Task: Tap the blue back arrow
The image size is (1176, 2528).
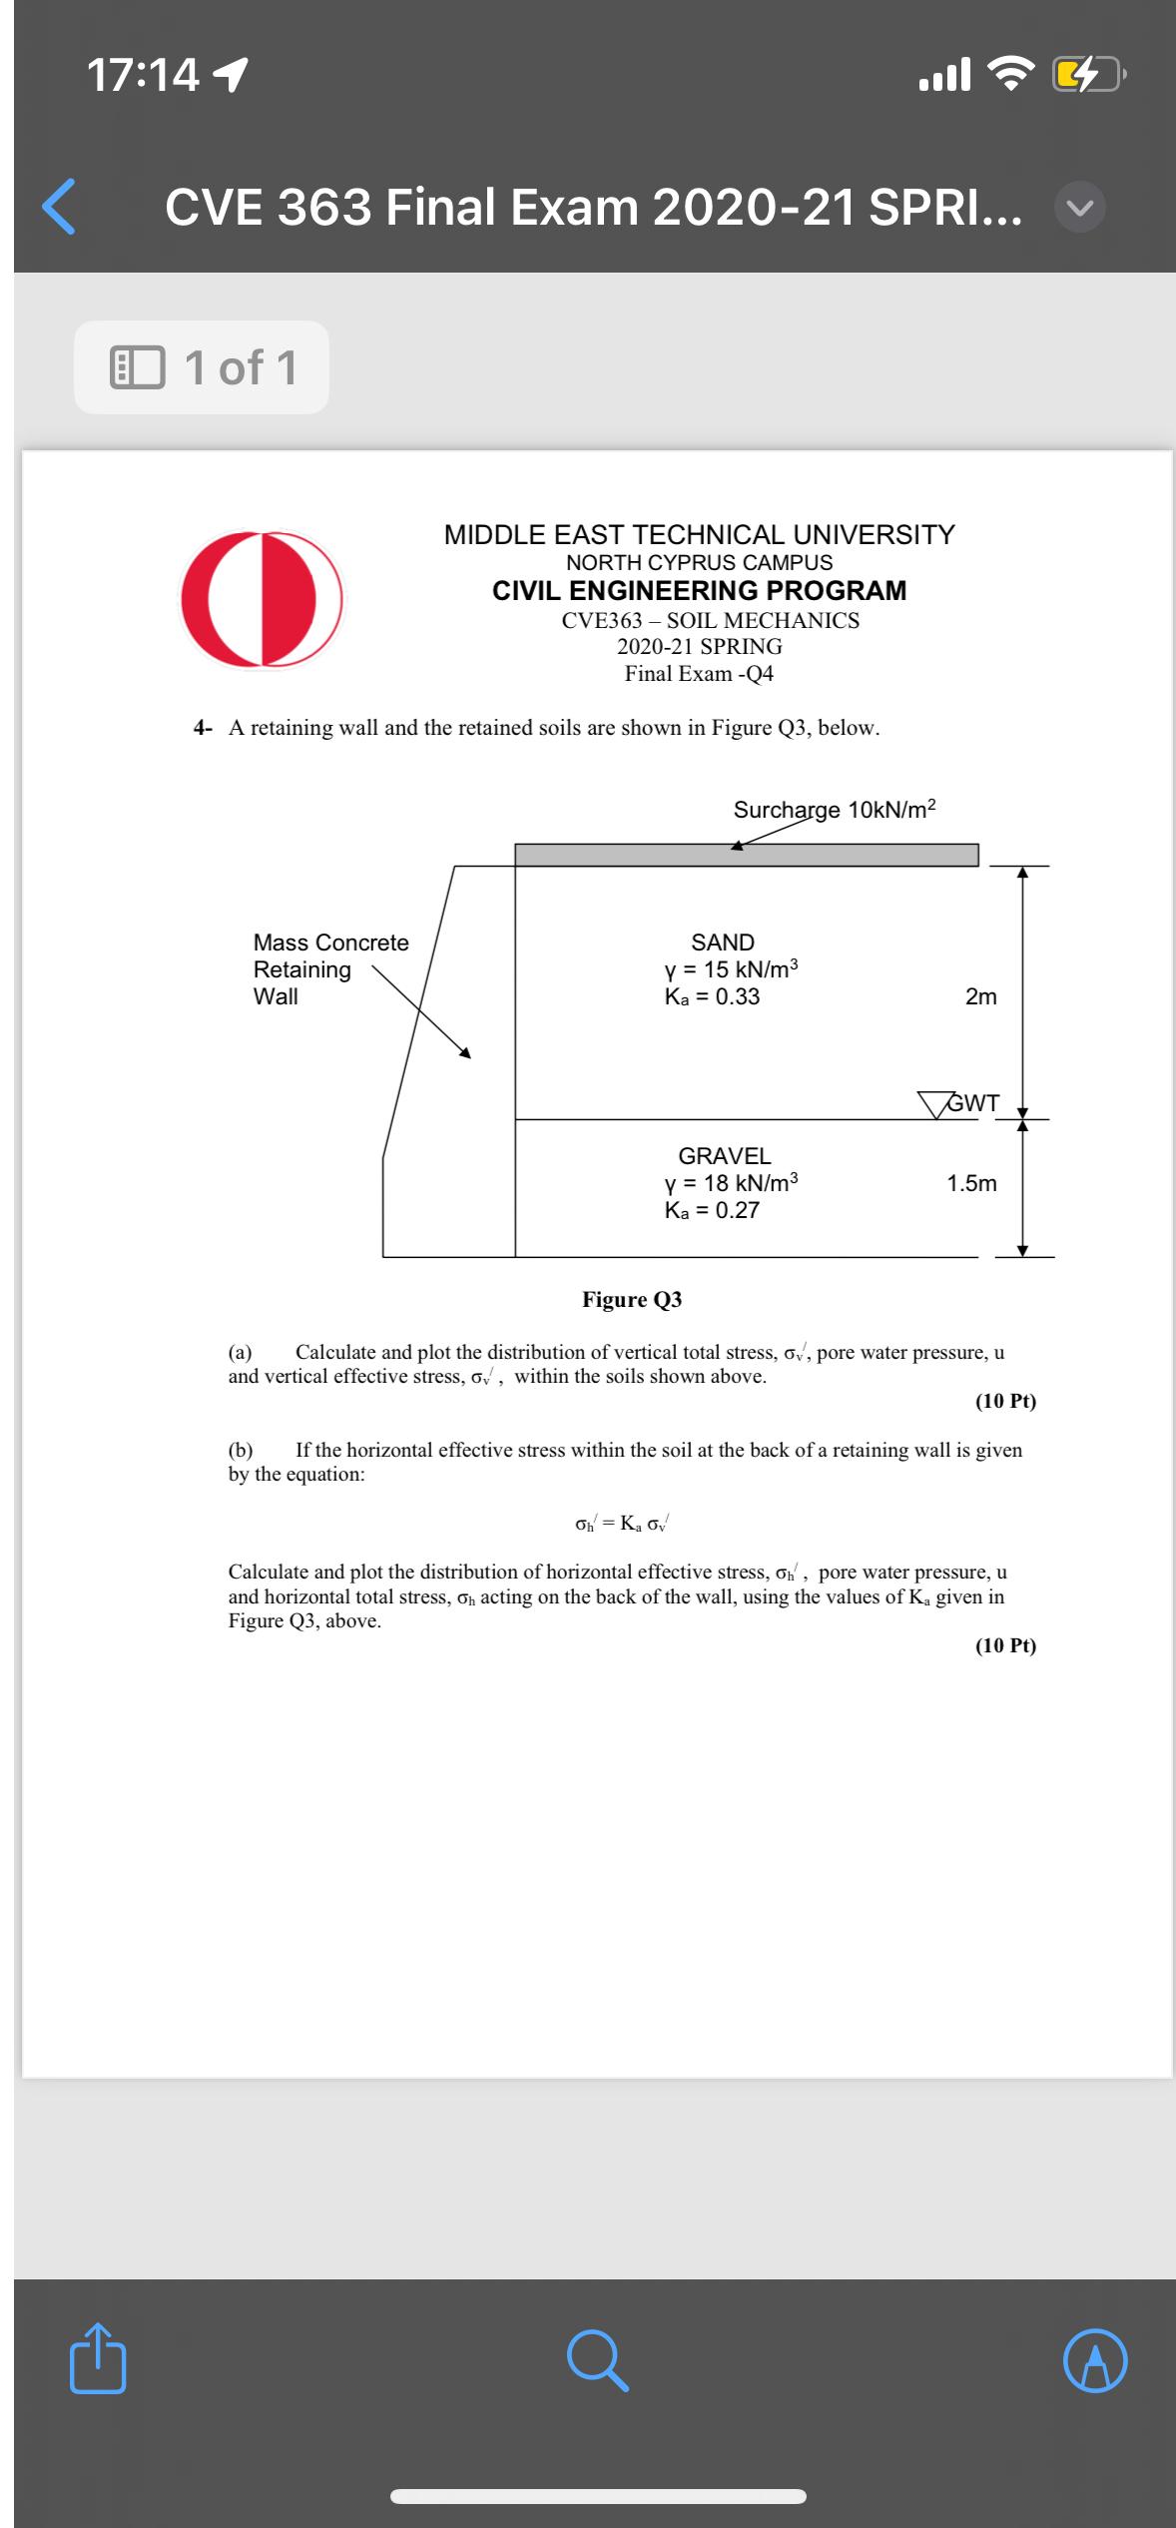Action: (x=60, y=207)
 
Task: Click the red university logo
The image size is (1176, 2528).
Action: (x=262, y=598)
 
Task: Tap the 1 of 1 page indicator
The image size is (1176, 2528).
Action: (x=202, y=367)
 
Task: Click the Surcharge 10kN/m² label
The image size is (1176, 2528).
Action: (x=835, y=810)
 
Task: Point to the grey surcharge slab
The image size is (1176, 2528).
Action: (x=746, y=856)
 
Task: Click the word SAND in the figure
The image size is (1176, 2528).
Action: (x=723, y=943)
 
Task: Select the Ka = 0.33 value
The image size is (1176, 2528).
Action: (x=712, y=996)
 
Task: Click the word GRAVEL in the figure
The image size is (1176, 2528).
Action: (x=725, y=1156)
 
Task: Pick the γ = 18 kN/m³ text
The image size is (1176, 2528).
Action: (x=731, y=1183)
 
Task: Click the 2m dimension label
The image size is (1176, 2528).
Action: (x=980, y=996)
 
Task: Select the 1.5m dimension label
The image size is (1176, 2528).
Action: (x=971, y=1183)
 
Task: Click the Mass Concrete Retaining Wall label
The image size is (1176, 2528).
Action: (x=330, y=969)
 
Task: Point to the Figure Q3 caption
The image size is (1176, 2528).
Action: (x=632, y=1299)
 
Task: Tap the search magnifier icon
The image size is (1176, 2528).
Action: (x=597, y=2361)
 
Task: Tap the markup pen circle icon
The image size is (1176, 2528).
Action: (x=1095, y=2362)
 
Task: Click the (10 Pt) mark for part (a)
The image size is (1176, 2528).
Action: (x=1005, y=1401)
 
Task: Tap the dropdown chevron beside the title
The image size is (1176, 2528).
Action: (x=1080, y=208)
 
